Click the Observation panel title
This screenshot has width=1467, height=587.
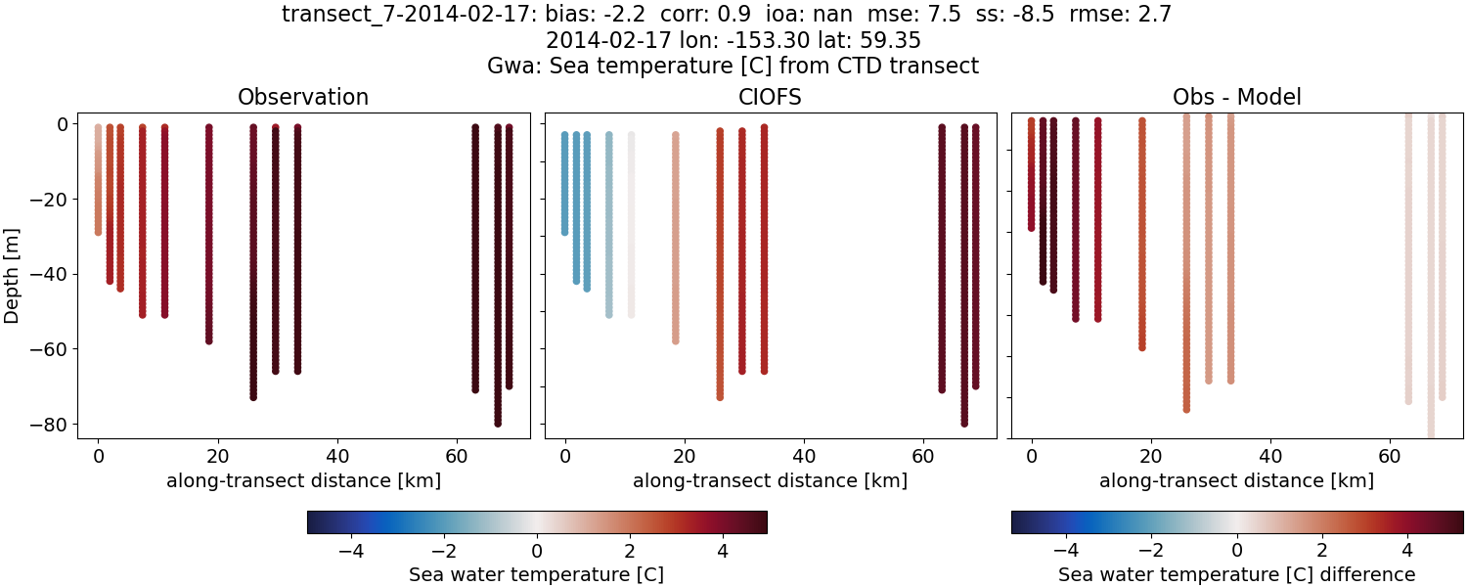coord(303,98)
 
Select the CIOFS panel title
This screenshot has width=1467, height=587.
coord(770,98)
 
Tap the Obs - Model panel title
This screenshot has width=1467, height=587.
coord(1236,98)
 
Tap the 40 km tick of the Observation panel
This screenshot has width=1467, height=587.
coord(336,456)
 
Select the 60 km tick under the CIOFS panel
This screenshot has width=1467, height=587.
coord(923,456)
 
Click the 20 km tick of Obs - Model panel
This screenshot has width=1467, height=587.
coord(1150,456)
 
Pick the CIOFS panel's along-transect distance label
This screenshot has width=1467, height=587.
coord(770,480)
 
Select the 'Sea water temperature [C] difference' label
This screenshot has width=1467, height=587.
coord(1236,574)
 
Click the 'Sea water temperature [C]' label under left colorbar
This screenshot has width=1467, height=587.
coord(536,574)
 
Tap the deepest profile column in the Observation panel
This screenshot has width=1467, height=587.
coord(498,274)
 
